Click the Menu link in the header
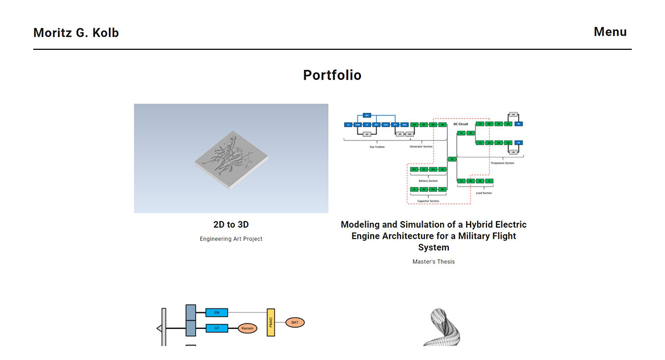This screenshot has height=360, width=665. coord(610,32)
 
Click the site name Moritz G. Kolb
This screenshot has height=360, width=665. coord(76,33)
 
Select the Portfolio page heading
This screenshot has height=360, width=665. coord(332,75)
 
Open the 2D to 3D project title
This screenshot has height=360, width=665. coord(231,225)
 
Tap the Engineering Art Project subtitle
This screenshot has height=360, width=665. coord(231,239)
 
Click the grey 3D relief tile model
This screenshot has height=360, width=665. coord(231,160)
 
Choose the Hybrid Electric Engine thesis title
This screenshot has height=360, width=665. coord(433,236)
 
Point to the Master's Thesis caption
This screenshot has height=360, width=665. coord(433,261)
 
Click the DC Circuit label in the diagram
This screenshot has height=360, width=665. coord(461,124)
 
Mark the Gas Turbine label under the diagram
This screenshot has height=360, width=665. coord(377,147)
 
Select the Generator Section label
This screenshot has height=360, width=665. coord(421,147)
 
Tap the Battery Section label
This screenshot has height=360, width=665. coord(428,181)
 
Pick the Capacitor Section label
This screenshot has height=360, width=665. coord(428,201)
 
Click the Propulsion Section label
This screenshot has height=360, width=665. coord(503,163)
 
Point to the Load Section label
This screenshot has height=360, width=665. coord(483,193)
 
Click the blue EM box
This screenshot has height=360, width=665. coord(217,313)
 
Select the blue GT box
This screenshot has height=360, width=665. coord(217,328)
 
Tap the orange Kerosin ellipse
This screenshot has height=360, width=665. coord(248,328)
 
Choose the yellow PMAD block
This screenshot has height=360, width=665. coord(270,322)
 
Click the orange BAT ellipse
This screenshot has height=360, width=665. coord(295,322)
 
